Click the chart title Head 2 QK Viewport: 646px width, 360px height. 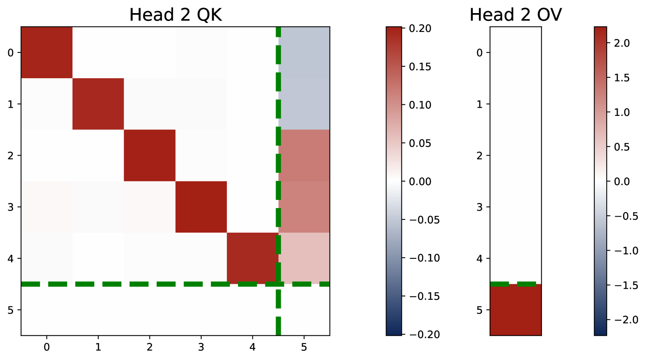(x=175, y=15)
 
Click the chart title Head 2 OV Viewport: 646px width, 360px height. (x=515, y=15)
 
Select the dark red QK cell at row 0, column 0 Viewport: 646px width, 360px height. (x=47, y=52)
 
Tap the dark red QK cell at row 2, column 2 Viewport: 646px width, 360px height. (x=149, y=155)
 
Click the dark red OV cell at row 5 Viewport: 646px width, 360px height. (x=515, y=310)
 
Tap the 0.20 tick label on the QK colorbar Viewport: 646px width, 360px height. (x=420, y=29)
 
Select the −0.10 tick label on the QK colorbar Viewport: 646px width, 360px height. (x=425, y=258)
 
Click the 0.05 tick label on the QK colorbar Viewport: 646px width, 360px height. (x=420, y=143)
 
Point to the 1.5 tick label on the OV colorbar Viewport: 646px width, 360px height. (x=621, y=78)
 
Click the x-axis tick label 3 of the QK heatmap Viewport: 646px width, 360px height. (x=201, y=347)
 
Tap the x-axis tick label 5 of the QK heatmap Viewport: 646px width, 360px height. (x=304, y=347)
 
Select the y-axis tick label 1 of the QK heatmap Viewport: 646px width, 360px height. (x=10, y=104)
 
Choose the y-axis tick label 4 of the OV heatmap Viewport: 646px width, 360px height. (x=479, y=258)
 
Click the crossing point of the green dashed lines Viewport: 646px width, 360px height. (x=278, y=284)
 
